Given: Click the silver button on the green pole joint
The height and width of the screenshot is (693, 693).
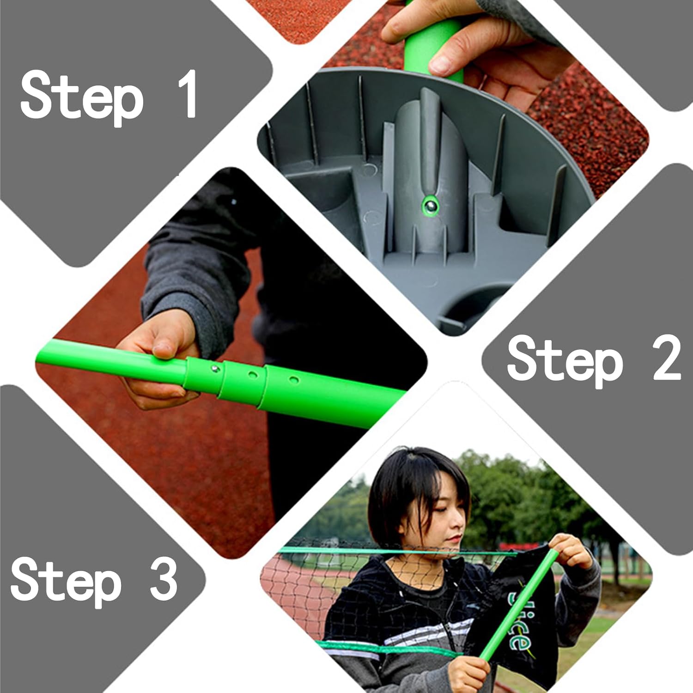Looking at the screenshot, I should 215,369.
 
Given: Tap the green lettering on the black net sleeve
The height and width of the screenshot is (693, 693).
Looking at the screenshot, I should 519,619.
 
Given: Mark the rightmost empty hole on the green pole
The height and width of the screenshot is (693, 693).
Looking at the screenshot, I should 294,380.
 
